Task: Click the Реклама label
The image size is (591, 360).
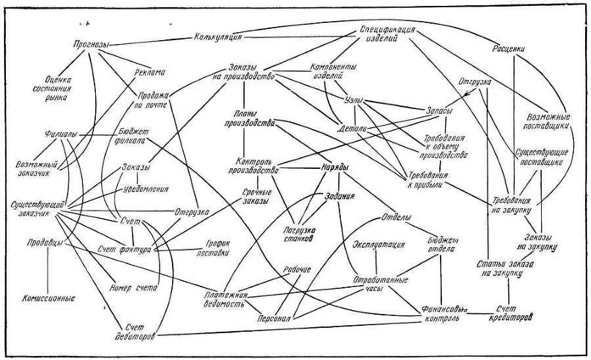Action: (148, 72)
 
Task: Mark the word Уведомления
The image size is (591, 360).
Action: (146, 189)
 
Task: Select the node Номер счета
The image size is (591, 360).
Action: (129, 286)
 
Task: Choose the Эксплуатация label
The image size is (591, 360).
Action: (378, 246)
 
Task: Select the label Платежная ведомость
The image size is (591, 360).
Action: (225, 298)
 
